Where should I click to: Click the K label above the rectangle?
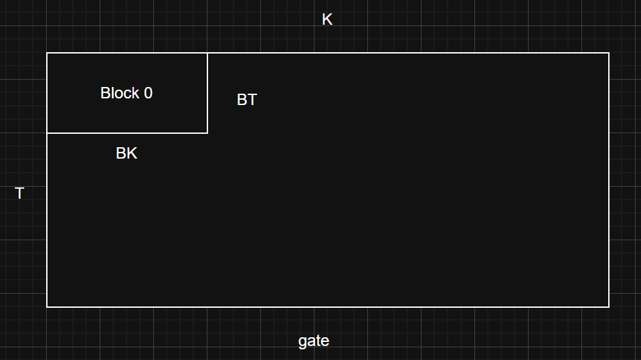(327, 19)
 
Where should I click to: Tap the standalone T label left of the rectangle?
(19, 193)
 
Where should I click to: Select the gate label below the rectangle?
(314, 341)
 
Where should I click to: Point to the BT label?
(247, 100)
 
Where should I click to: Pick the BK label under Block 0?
(126, 153)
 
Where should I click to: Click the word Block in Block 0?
(120, 93)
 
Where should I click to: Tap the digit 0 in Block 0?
(148, 93)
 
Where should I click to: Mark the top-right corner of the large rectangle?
(609, 53)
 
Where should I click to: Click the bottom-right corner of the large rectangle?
(609, 306)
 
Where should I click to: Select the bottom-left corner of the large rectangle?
(47, 306)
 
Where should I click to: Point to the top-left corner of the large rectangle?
(47, 53)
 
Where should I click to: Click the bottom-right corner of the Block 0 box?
(207, 132)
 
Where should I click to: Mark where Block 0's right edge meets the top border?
(207, 53)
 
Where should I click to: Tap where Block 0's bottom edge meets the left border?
(47, 132)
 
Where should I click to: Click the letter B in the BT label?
(242, 100)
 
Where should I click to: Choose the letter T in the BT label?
(252, 100)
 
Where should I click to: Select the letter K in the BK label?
(132, 153)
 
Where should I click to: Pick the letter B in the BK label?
(121, 153)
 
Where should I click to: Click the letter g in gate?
(302, 342)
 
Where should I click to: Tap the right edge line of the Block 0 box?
(207, 93)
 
